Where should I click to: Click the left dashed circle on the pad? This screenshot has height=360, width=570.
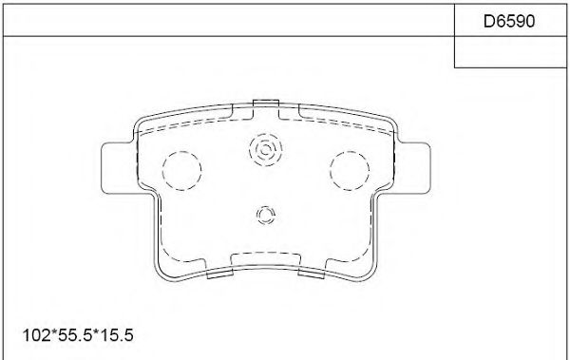pyautogui.click(x=183, y=170)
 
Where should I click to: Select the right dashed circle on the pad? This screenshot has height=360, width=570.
pyautogui.click(x=348, y=170)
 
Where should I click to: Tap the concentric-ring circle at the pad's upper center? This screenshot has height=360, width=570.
pyautogui.click(x=265, y=149)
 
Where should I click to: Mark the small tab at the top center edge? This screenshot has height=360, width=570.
pyautogui.click(x=266, y=103)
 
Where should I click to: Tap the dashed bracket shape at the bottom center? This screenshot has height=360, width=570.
pyautogui.click(x=266, y=257)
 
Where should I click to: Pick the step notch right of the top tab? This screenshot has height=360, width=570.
pyautogui.click(x=288, y=112)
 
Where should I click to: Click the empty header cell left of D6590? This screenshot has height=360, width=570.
pyautogui.click(x=228, y=18)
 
